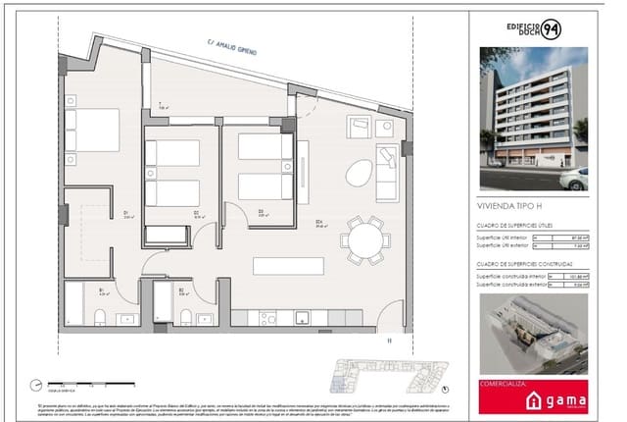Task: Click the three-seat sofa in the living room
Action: click(387, 172)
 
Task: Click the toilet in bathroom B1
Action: click(100, 316)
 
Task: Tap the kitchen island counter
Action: click(286, 265)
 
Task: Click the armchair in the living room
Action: click(360, 127)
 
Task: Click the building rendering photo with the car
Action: click(532, 119)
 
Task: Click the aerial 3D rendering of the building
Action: click(532, 331)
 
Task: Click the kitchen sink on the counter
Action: click(303, 317)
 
